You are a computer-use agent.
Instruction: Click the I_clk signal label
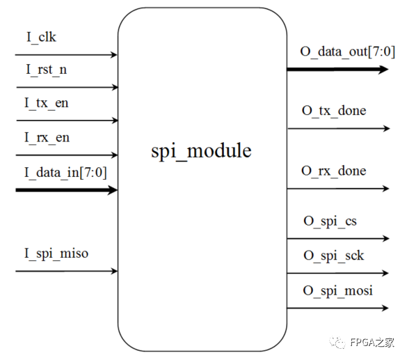coord(41,38)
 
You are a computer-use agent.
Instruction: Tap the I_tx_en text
coord(47,104)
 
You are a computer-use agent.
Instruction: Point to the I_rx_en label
coord(47,138)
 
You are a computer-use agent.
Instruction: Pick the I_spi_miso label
coord(56,253)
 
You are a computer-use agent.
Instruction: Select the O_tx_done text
coord(334,111)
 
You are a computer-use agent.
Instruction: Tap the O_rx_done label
coord(334,171)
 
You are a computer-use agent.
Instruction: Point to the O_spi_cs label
coord(330,222)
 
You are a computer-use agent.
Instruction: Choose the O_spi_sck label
coord(333,256)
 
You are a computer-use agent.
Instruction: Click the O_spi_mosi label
coord(337,290)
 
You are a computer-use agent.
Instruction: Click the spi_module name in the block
coord(201,150)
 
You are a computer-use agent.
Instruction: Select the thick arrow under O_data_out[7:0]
coord(338,69)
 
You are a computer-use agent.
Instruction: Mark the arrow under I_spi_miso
coord(66,271)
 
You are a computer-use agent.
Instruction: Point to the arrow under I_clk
coord(66,54)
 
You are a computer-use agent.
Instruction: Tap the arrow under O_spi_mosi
coord(338,307)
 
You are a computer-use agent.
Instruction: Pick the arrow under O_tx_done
coord(338,128)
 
